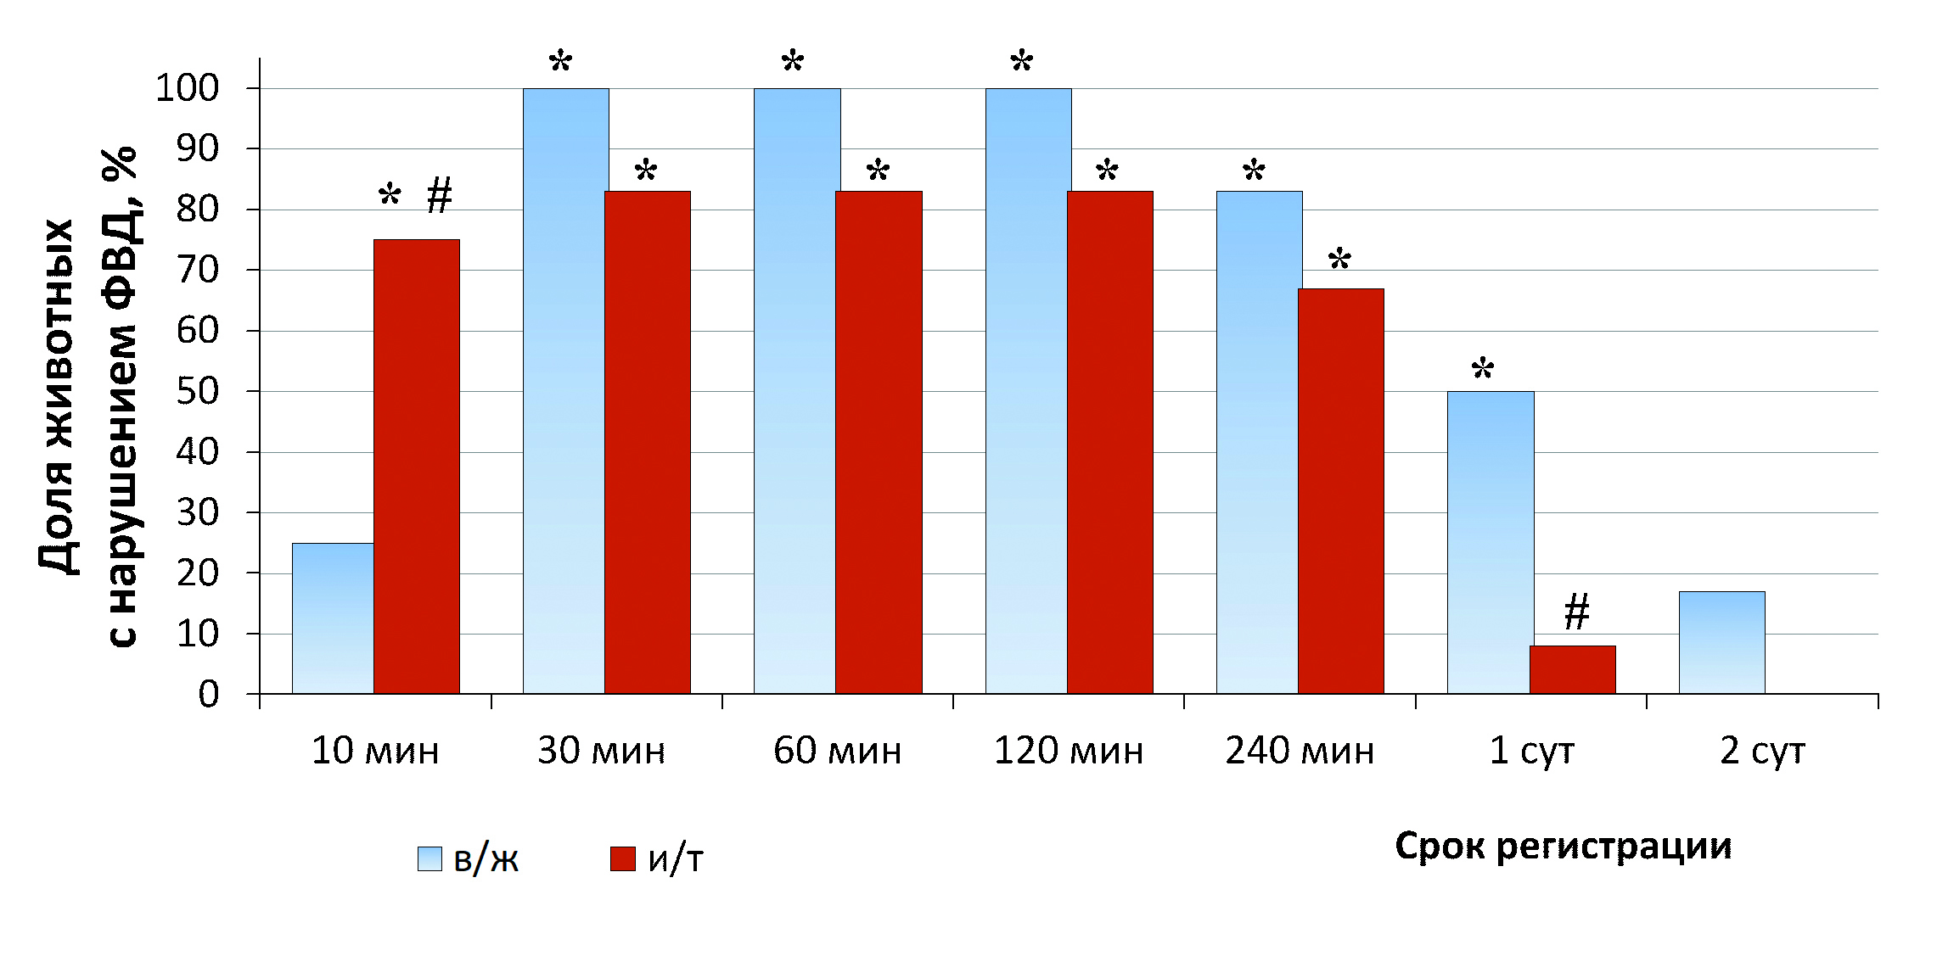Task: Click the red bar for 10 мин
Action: coord(417,467)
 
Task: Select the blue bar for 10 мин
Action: coord(333,618)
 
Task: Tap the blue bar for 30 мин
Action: coord(565,391)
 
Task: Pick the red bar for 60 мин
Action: coord(879,442)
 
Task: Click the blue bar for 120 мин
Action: coord(1027,391)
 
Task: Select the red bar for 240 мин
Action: coord(1340,491)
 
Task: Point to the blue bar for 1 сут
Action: coord(1490,542)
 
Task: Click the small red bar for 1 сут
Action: coord(1572,669)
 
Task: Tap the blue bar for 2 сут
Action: coord(1721,642)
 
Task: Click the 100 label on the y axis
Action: coord(187,88)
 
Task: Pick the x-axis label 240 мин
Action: coord(1299,752)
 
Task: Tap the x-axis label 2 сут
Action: coord(1762,752)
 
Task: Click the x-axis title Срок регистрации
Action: coord(1563,847)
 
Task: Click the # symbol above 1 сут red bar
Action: coord(1576,612)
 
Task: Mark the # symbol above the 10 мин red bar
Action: coord(439,196)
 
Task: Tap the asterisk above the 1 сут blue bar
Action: coord(1482,369)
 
